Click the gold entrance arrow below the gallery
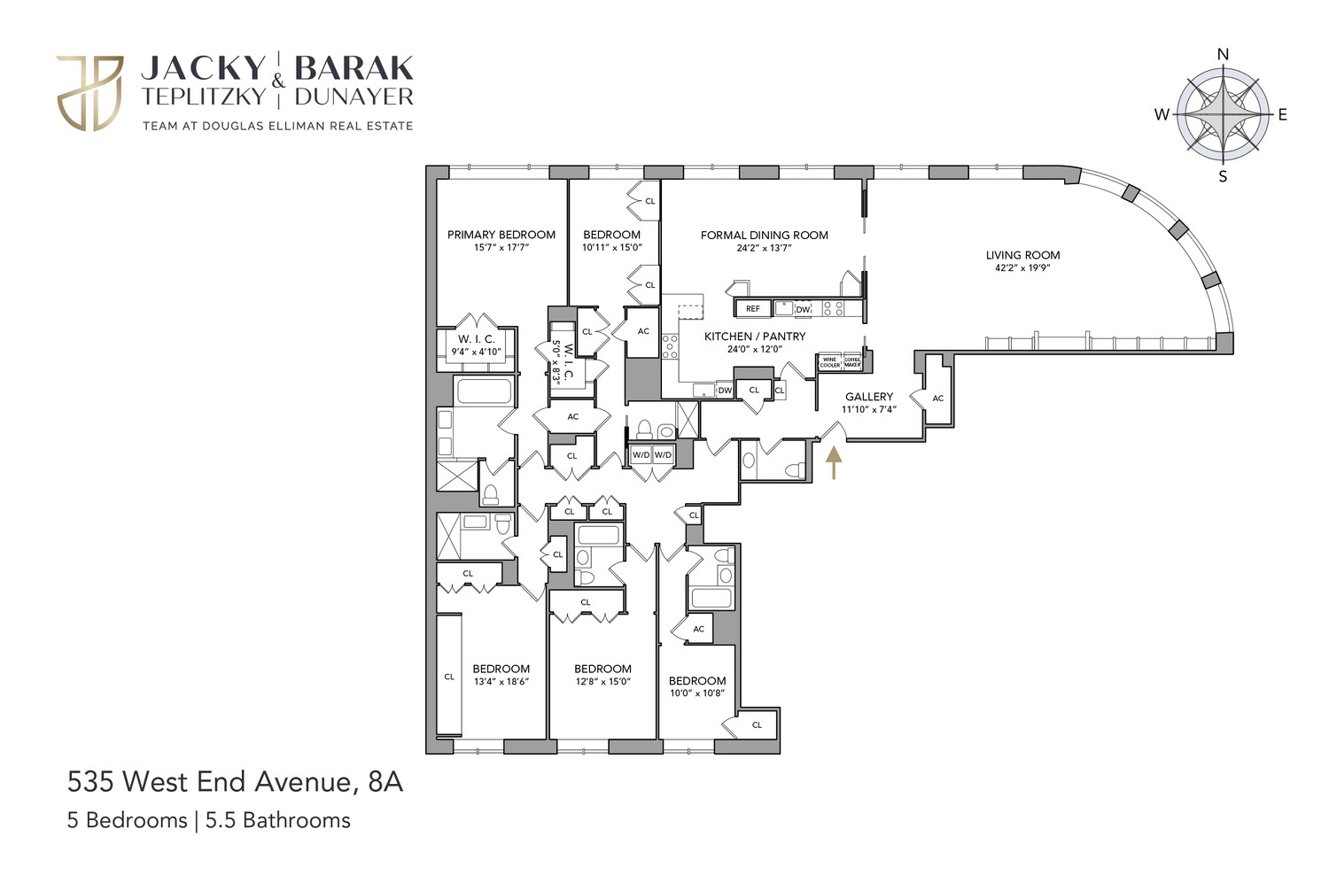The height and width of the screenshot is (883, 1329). (x=833, y=462)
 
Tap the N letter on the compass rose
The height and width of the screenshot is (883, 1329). (x=1223, y=55)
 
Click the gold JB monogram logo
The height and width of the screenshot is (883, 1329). (x=89, y=93)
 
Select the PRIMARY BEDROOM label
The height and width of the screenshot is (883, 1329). (x=501, y=235)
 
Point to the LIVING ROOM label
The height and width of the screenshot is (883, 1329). (x=1022, y=255)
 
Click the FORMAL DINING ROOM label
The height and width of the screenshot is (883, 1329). (x=764, y=235)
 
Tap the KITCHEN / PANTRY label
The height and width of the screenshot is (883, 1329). (x=755, y=337)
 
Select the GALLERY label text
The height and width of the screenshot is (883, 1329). (x=868, y=397)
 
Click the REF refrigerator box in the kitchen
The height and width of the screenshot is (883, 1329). (x=752, y=309)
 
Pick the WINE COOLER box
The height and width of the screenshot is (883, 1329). (x=829, y=362)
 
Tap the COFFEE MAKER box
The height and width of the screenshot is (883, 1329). (x=852, y=362)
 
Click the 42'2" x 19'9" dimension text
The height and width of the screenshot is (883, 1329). (x=1022, y=267)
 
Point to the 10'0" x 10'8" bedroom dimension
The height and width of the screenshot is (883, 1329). (x=696, y=693)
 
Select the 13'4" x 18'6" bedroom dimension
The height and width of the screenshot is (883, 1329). (x=501, y=682)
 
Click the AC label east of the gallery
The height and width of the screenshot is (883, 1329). (x=937, y=399)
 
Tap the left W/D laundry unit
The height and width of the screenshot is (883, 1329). (x=640, y=454)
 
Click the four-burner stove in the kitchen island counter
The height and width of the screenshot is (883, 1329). (x=833, y=308)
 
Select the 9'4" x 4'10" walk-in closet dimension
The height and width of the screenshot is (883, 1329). (x=477, y=352)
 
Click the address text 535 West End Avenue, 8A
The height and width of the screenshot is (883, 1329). (x=235, y=781)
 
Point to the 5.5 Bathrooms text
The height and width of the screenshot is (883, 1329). (x=278, y=820)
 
